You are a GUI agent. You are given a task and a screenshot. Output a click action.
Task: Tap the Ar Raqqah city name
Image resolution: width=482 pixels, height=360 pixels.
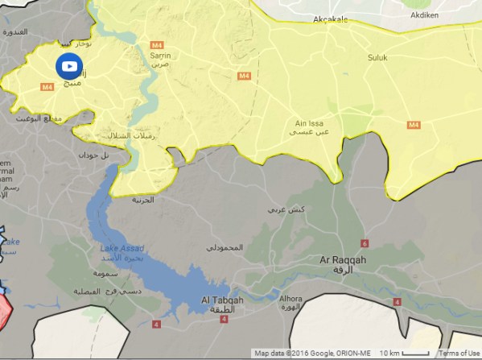coord(343,262)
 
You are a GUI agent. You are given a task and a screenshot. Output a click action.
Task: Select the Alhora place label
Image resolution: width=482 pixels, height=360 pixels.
coord(290,298)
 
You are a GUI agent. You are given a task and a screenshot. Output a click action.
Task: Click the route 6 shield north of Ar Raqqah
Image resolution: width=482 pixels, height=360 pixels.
coord(365,243)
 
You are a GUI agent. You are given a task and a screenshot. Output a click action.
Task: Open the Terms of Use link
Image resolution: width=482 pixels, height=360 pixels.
coord(459,354)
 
